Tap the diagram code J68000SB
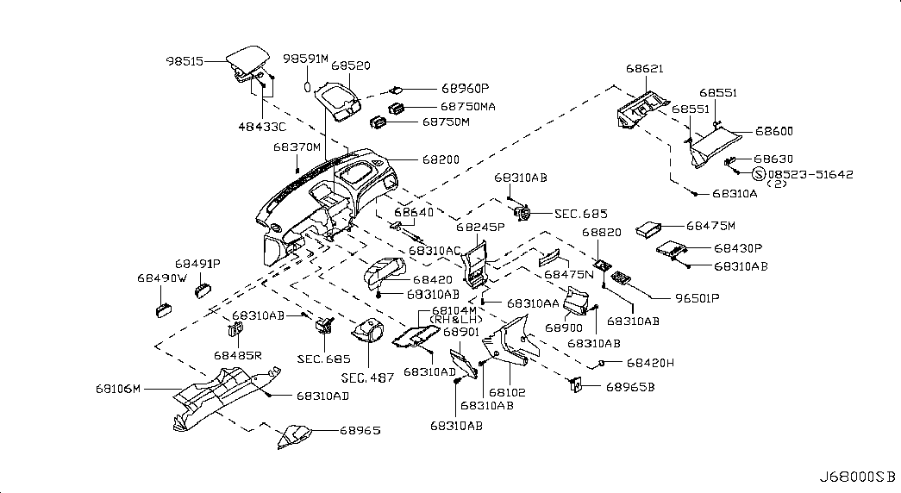859,477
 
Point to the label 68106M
118,389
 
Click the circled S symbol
759,174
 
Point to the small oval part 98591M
306,86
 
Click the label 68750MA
468,106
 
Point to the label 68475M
711,226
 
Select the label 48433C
262,126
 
